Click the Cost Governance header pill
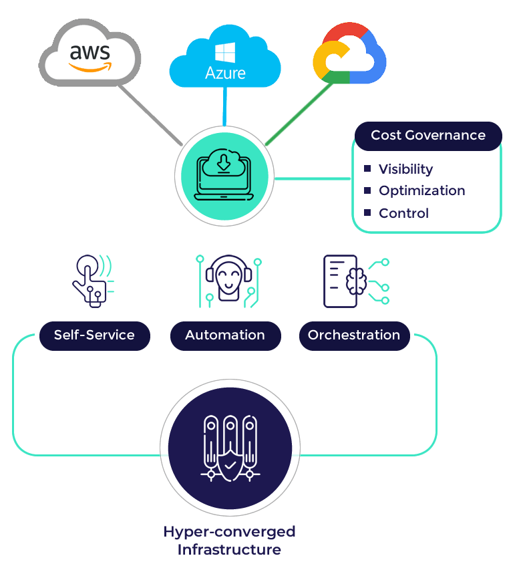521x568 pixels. click(427, 136)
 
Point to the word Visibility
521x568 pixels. click(405, 169)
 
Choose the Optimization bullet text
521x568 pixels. click(421, 190)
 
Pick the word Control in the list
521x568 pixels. click(403, 213)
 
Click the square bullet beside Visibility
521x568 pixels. click(367, 168)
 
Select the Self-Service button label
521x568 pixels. click(94, 335)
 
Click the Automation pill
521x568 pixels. click(225, 335)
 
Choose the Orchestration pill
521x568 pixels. click(354, 335)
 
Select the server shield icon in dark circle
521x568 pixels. click(230, 446)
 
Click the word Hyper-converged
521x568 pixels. click(229, 532)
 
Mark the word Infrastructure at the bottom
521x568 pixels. click(229, 550)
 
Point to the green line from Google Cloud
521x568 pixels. click(297, 114)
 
